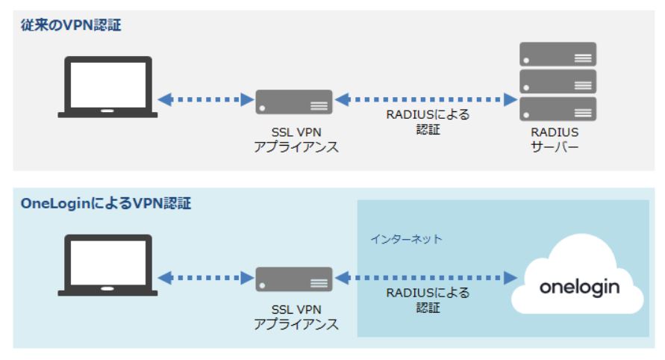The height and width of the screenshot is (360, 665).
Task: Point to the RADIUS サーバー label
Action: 558,139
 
